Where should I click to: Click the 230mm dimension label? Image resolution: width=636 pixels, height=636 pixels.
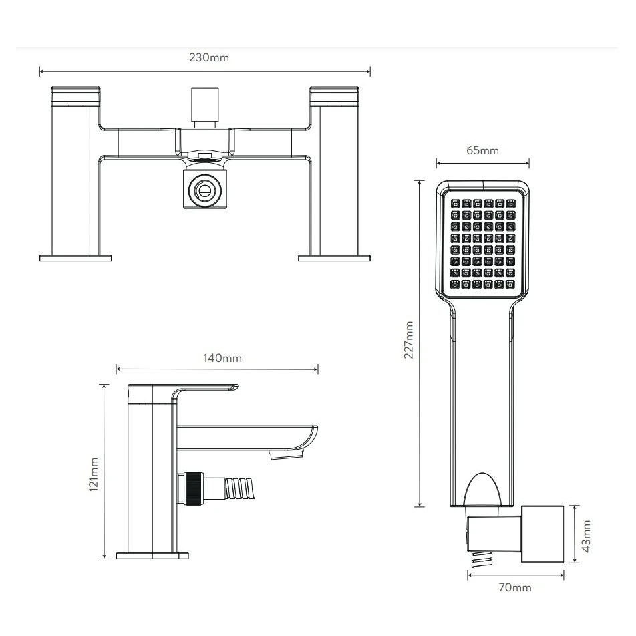[x=209, y=57]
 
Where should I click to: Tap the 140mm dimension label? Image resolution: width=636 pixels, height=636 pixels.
[x=222, y=358]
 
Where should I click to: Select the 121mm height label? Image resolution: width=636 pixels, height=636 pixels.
[x=94, y=474]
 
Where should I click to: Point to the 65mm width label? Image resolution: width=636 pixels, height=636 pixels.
[x=482, y=150]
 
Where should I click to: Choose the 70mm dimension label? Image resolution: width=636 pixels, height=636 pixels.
[x=515, y=587]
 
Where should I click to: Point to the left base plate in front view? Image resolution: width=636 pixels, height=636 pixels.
[x=75, y=257]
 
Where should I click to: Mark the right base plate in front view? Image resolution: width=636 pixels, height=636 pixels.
[x=334, y=257]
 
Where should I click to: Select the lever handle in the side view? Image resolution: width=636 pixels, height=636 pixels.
[x=200, y=389]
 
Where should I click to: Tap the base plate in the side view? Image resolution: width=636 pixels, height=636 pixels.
[x=152, y=555]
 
